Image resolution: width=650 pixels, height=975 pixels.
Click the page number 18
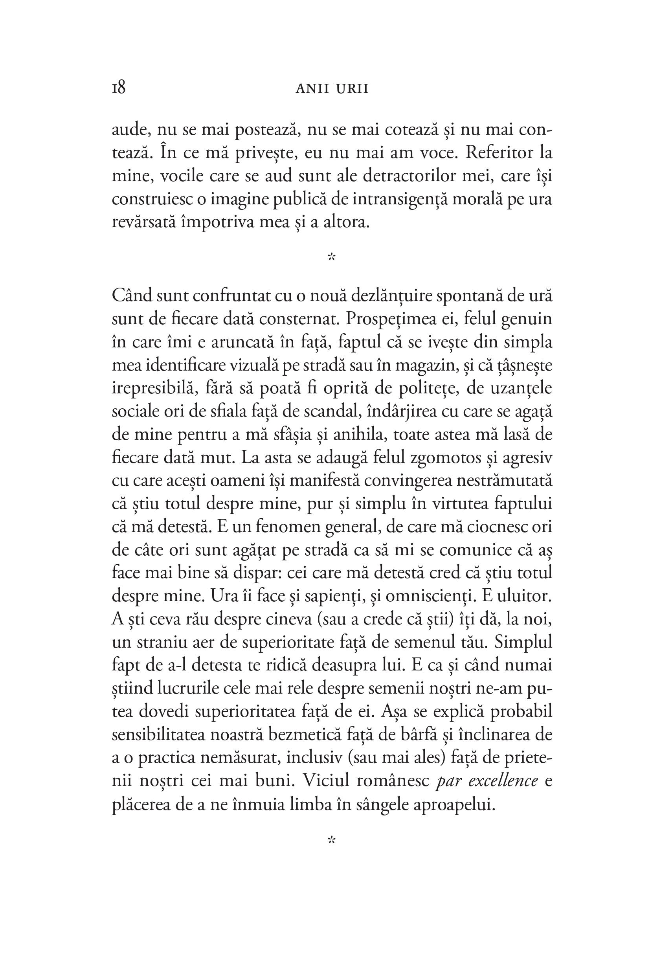pyautogui.click(x=119, y=88)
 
